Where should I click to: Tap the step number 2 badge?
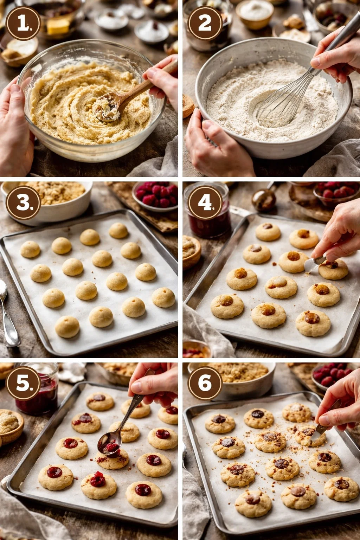(x=205, y=23)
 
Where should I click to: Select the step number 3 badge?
(x=23, y=203)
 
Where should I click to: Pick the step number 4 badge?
(x=205, y=203)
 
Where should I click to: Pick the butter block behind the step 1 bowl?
(x=58, y=26)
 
